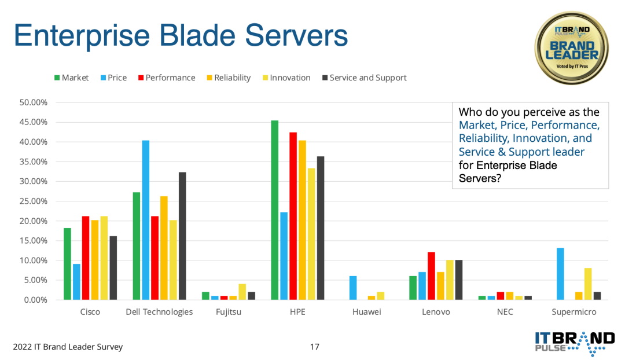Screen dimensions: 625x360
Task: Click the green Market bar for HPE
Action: (x=275, y=210)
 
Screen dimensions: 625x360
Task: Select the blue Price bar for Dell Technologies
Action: (x=145, y=220)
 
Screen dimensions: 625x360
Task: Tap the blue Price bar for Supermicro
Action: (x=560, y=274)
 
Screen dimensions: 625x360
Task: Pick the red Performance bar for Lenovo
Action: (x=431, y=276)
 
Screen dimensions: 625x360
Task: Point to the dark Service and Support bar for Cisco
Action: (x=113, y=268)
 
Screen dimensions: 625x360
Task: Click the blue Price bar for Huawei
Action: (x=353, y=288)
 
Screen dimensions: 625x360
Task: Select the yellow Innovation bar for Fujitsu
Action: (x=242, y=292)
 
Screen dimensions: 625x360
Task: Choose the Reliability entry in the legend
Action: (x=229, y=78)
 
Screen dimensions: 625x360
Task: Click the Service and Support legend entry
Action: (x=365, y=78)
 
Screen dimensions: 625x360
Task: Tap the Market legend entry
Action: (x=71, y=78)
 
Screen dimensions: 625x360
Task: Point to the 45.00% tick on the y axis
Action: (x=34, y=122)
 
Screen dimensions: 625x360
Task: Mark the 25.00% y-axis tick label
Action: (x=34, y=201)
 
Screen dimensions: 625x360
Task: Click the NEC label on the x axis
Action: (x=505, y=312)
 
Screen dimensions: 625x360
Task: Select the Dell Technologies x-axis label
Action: (x=159, y=312)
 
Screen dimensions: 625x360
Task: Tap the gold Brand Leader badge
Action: (x=572, y=48)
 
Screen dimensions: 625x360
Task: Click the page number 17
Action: (x=314, y=347)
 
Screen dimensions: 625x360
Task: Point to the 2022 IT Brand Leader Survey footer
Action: (x=68, y=347)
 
